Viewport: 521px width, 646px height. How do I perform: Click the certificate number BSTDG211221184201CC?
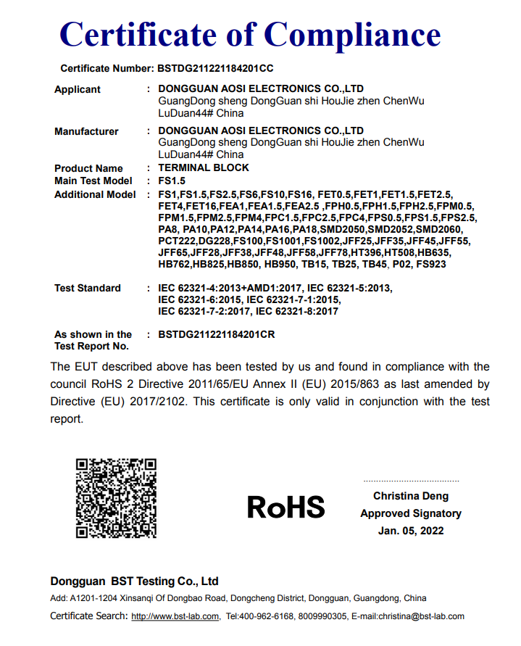point(215,69)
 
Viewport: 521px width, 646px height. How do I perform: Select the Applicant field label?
point(78,89)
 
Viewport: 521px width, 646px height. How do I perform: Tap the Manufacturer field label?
point(86,131)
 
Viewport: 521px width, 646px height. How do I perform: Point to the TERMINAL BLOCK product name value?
point(204,167)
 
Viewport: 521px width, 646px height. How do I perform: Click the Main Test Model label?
point(93,181)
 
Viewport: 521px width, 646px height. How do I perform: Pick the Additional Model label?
point(95,194)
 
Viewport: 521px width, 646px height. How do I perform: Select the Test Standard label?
point(88,288)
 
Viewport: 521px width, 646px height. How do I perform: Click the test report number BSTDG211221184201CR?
point(217,334)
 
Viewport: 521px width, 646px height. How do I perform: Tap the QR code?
point(117,497)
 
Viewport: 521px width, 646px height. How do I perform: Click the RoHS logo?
point(285,507)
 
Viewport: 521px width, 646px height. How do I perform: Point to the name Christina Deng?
point(411,496)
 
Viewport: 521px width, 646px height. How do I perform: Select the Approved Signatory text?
point(411,513)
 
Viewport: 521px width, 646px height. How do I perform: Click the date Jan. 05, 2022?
point(411,531)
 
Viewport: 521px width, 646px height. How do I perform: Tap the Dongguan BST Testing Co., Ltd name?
point(135,581)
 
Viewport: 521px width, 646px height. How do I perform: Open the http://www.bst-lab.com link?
point(175,616)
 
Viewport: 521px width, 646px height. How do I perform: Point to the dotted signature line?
point(411,481)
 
